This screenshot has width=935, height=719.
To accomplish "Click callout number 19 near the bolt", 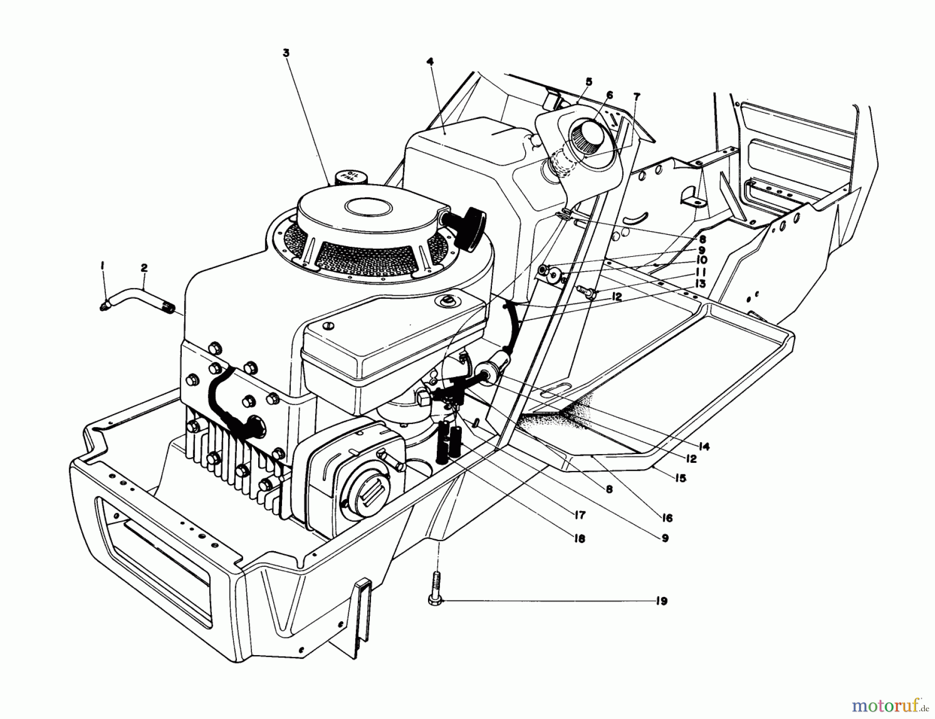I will pyautogui.click(x=661, y=601).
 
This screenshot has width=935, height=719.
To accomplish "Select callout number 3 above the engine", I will pyautogui.click(x=286, y=52).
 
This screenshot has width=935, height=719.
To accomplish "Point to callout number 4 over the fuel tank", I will pyautogui.click(x=430, y=61).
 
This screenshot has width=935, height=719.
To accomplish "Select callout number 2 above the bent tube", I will pyautogui.click(x=144, y=268).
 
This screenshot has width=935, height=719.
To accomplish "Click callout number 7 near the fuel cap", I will pyautogui.click(x=637, y=96).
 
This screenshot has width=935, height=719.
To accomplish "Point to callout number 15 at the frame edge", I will pyautogui.click(x=680, y=478).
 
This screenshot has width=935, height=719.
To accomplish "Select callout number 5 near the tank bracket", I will pyautogui.click(x=589, y=82).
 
